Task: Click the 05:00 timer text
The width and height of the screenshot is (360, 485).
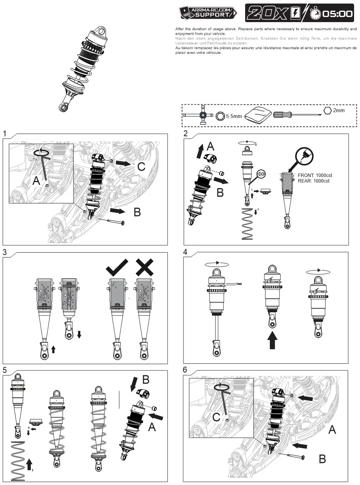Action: tap(337, 14)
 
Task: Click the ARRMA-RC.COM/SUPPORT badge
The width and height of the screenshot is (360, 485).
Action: tap(208, 13)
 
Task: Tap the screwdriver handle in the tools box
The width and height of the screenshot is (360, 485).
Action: tap(282, 115)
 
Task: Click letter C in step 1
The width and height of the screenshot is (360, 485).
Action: tap(141, 167)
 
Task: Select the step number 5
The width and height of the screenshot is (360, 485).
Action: tap(4, 370)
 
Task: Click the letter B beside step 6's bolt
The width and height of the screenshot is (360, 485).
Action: tap(322, 459)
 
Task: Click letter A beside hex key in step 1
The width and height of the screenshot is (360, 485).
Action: tap(36, 181)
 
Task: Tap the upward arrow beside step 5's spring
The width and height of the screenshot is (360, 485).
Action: tap(30, 464)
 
